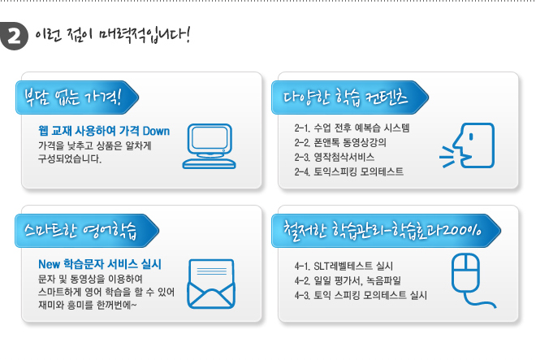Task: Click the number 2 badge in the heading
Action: coord(14,36)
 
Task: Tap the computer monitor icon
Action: coord(210,146)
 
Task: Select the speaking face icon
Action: coord(467,145)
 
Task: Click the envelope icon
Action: coord(211,284)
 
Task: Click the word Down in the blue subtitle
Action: coord(156,131)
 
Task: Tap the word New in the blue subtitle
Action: coord(50,264)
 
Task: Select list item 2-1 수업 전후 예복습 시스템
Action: coord(352,128)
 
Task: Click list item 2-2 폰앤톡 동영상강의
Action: coord(340,142)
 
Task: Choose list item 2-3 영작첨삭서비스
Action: coord(335,157)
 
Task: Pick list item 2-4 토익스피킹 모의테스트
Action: coord(348,171)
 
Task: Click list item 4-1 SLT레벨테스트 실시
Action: coord(344,266)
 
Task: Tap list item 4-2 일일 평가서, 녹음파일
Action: coord(348,280)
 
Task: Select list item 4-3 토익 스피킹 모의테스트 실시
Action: coord(361,295)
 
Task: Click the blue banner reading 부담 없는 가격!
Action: coord(77,98)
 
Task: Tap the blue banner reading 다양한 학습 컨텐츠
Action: coord(350,98)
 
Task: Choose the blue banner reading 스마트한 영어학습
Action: coord(87,231)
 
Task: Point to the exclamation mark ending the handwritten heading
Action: coord(187,34)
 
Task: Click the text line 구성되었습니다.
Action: coord(70,158)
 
